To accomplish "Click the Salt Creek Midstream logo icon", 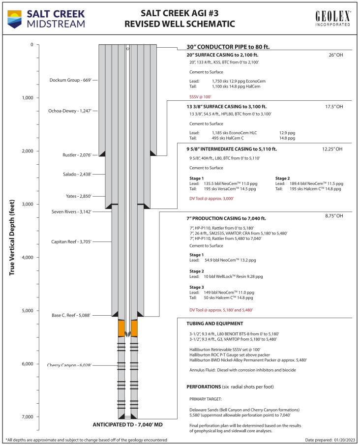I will pyautogui.click(x=16, y=17).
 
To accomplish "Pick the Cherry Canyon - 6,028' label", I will pyautogui.click(x=69, y=365).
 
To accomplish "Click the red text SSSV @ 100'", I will pyautogui.click(x=201, y=97).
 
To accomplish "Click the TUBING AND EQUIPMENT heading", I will pyautogui.click(x=214, y=324).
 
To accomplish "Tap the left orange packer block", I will pyautogui.click(x=121, y=328).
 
